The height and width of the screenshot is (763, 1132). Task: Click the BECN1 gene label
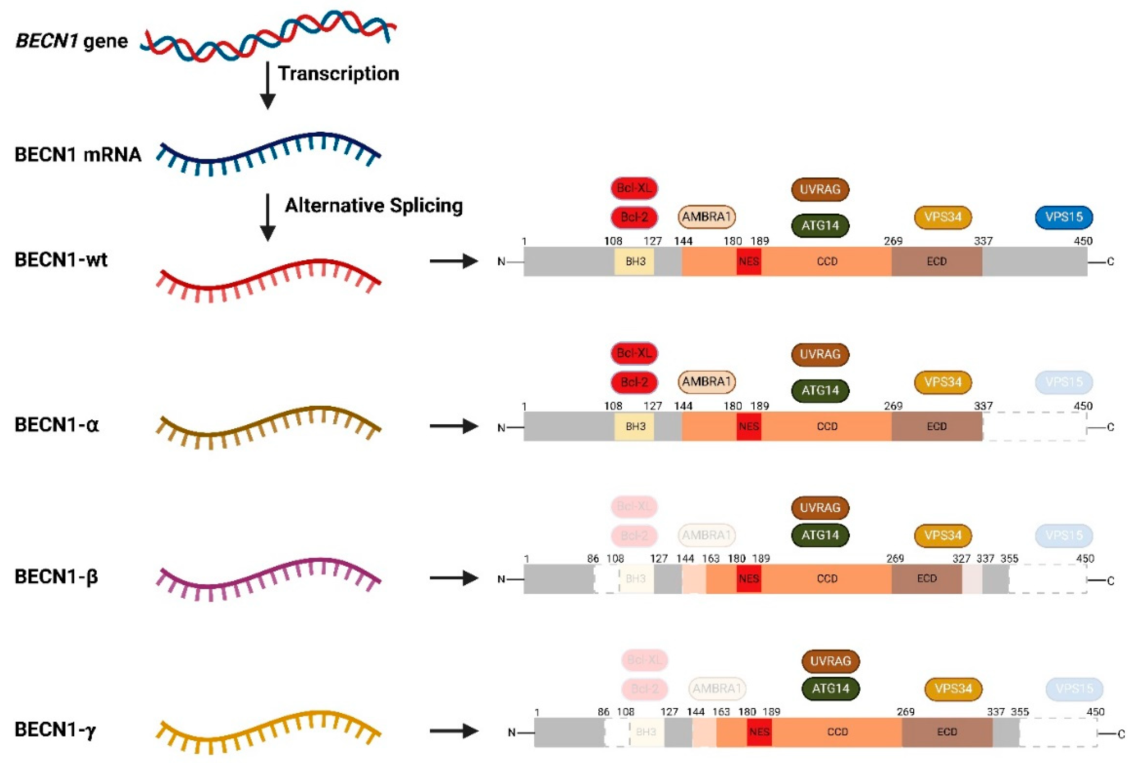pos(71,41)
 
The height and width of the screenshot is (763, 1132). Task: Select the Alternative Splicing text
pos(374,205)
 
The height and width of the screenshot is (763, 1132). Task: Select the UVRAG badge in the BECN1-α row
pos(820,354)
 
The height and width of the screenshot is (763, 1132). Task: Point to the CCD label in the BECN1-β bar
pos(827,578)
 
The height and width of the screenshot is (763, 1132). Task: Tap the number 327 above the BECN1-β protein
pos(961,559)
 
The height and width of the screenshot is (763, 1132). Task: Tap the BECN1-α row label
pos(56,425)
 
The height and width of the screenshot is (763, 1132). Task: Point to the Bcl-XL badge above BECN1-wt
pos(634,188)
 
